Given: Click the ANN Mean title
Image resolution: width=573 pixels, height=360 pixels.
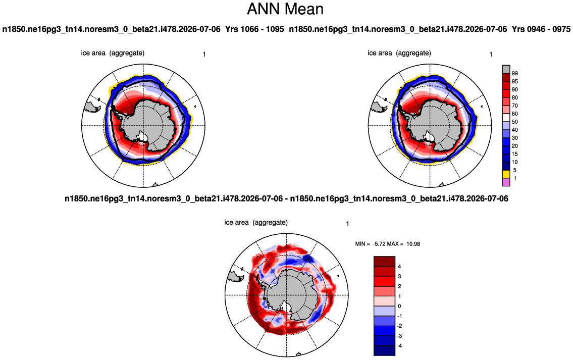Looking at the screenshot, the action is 285,9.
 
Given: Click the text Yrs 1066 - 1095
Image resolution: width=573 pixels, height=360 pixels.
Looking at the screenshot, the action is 254,29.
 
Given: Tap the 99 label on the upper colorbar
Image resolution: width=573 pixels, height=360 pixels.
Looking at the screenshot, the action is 515,73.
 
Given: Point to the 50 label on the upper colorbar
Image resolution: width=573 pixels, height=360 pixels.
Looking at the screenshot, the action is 515,122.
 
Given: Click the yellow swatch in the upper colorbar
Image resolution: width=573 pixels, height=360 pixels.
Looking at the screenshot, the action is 506,174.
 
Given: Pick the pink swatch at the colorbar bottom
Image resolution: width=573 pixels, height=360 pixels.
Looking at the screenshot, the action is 506,182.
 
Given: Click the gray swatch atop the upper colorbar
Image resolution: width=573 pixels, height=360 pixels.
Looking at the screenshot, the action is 506,70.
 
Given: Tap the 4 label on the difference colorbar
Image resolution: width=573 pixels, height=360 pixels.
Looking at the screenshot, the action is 399,267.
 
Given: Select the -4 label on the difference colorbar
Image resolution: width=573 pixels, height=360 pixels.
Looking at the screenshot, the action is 399,346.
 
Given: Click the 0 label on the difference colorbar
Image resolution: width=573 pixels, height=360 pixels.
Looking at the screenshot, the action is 399,306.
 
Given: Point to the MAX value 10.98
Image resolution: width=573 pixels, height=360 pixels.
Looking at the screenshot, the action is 413,244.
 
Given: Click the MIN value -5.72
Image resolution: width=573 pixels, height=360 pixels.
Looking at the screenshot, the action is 380,244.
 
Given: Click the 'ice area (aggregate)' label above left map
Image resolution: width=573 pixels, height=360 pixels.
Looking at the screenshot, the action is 113,53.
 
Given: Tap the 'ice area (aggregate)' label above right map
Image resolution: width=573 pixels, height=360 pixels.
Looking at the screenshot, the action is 399,53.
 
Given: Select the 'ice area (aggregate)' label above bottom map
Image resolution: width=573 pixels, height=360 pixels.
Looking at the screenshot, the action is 256,222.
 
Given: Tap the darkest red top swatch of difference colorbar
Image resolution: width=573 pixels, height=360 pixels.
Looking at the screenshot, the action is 384,262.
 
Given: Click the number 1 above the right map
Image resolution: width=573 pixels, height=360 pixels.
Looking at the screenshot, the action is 491,55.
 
